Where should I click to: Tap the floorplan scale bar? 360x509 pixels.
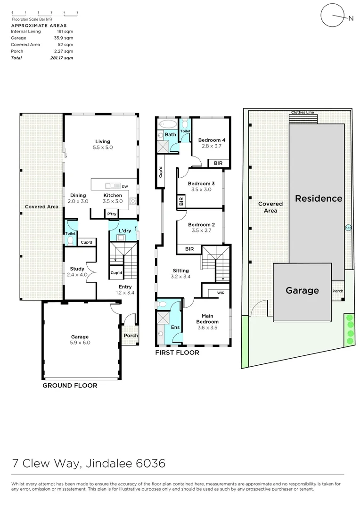click(x=44, y=14)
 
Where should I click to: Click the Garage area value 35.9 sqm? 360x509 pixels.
click(x=65, y=38)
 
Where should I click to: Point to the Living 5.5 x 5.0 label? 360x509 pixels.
click(x=103, y=144)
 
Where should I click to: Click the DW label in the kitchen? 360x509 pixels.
click(x=124, y=186)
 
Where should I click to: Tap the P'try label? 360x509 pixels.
click(x=112, y=214)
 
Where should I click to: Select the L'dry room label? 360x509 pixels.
click(x=125, y=230)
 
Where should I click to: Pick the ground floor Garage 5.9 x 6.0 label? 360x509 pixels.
click(x=80, y=340)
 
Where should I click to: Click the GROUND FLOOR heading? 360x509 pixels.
click(x=70, y=386)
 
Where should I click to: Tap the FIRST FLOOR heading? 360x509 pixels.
click(x=177, y=353)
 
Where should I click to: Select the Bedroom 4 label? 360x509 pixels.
click(x=212, y=143)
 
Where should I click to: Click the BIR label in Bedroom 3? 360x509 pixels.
click(x=181, y=202)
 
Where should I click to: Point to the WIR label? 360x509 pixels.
click(x=221, y=293)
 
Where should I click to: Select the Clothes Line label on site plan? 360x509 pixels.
click(x=302, y=113)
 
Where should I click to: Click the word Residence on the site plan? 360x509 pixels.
click(x=319, y=198)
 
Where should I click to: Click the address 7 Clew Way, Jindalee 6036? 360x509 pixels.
click(x=89, y=463)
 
